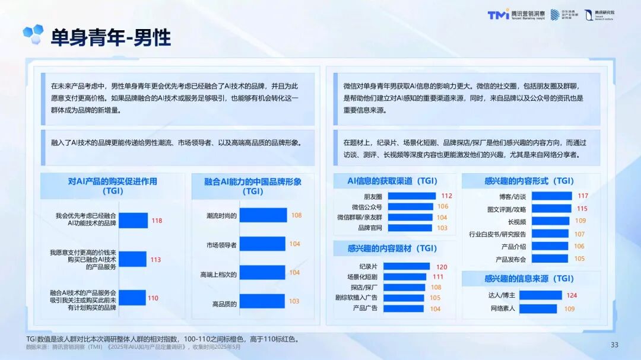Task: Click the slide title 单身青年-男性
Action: [110, 37]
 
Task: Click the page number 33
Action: [614, 345]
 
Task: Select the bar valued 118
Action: [133, 221]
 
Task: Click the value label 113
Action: [156, 260]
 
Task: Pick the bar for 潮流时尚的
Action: [262, 215]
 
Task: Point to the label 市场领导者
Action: [221, 244]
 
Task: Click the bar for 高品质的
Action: [262, 301]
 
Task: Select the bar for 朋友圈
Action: [411, 196]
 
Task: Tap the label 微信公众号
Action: [366, 207]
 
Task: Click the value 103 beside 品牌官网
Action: [442, 228]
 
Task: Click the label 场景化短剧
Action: [362, 277]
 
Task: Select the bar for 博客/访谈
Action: [552, 196]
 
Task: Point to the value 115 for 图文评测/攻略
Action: [582, 209]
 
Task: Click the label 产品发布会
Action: [510, 259]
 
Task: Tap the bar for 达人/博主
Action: [541, 295]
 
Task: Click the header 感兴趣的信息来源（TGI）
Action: [529, 278]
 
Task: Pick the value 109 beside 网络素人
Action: [569, 308]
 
